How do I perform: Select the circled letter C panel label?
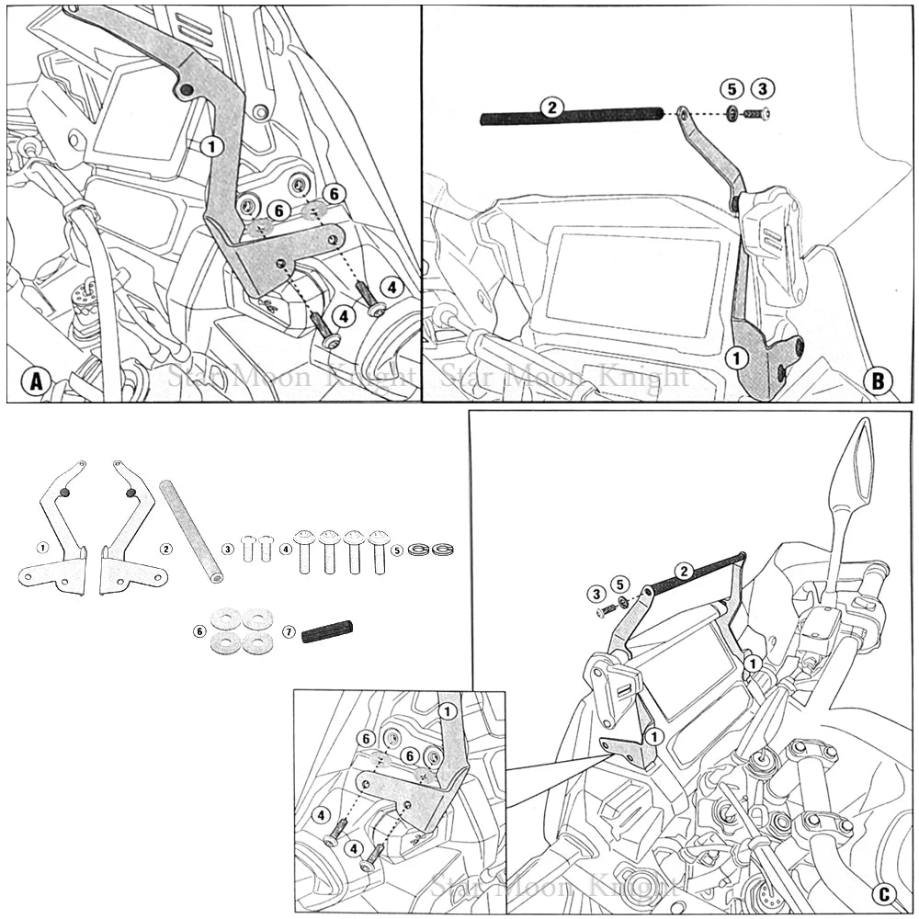tap(883, 893)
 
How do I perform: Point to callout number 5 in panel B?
tap(732, 89)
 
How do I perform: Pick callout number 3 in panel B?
tap(762, 89)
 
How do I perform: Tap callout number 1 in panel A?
tap(211, 145)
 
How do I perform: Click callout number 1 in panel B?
tap(735, 357)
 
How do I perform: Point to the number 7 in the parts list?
tap(289, 631)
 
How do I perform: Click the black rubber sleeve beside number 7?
tap(327, 631)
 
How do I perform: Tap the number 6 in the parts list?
tap(199, 631)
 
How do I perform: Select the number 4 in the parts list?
tap(286, 549)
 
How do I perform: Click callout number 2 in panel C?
tap(683, 571)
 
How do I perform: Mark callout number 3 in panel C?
tap(598, 594)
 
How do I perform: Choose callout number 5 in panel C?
tap(620, 584)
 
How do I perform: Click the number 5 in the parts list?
tap(397, 550)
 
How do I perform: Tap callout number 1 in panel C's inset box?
tap(448, 710)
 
